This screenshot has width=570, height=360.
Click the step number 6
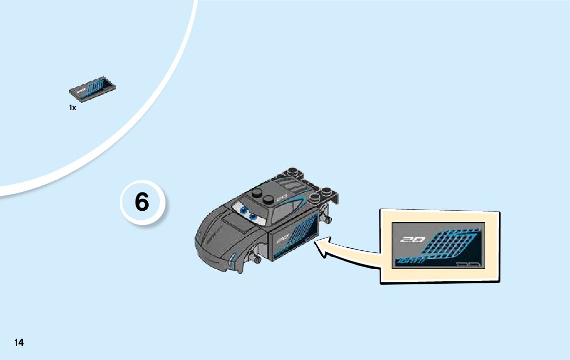(x=142, y=203)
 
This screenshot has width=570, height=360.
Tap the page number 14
(x=19, y=342)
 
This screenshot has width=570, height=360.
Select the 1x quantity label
(x=73, y=108)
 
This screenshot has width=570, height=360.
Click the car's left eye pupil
(x=244, y=210)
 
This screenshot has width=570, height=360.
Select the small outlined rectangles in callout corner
(x=467, y=264)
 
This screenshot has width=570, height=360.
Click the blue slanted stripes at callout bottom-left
(x=408, y=261)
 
